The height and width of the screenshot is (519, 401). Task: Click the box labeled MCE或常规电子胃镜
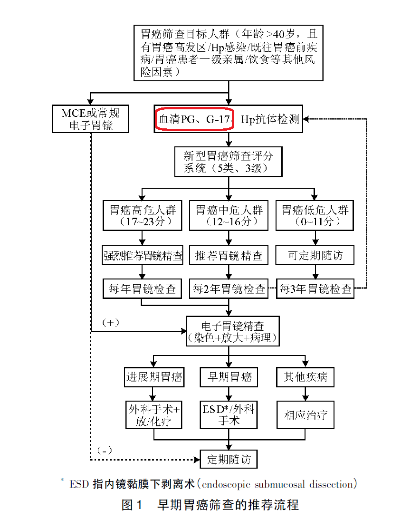pyautogui.click(x=90, y=119)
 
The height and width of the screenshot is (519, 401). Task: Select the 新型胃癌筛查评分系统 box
pyautogui.click(x=229, y=162)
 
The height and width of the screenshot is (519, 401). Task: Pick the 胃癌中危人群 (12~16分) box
pyautogui.click(x=229, y=215)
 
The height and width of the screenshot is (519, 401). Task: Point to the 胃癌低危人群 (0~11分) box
pyautogui.click(x=315, y=215)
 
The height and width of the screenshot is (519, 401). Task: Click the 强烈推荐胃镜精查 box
pyautogui.click(x=143, y=256)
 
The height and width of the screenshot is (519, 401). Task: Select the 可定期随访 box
pyautogui.click(x=315, y=256)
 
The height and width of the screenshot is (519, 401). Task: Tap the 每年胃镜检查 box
pyautogui.click(x=143, y=288)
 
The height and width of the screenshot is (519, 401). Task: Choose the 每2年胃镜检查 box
pyautogui.click(x=229, y=288)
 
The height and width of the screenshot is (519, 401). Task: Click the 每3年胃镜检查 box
pyautogui.click(x=315, y=288)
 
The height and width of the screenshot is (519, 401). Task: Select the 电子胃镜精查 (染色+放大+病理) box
pyautogui.click(x=232, y=331)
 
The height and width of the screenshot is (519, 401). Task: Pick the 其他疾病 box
pyautogui.click(x=305, y=377)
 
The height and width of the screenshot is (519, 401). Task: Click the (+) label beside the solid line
pyautogui.click(x=110, y=322)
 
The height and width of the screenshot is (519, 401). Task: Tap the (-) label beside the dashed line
pyautogui.click(x=104, y=450)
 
